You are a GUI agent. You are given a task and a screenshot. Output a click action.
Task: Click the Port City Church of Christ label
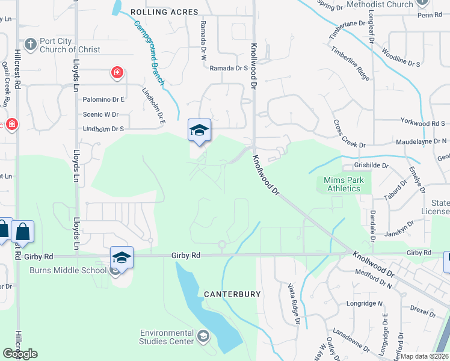click(64, 46)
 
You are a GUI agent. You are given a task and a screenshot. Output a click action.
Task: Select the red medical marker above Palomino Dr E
click(117, 73)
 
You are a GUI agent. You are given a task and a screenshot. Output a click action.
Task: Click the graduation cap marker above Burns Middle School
click(121, 258)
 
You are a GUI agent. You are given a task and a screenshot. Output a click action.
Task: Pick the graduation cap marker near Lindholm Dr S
click(200, 129)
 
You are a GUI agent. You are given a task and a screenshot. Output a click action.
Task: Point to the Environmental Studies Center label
click(167, 337)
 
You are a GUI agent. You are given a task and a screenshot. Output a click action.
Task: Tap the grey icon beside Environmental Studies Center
click(203, 335)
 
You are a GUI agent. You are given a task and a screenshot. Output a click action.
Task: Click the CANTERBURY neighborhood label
click(232, 294)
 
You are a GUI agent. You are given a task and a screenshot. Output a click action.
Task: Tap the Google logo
click(20, 354)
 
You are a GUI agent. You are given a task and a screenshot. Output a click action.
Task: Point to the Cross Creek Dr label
click(349, 133)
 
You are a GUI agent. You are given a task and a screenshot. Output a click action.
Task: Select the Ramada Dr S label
click(229, 69)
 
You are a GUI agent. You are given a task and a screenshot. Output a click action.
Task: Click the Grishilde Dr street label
click(371, 165)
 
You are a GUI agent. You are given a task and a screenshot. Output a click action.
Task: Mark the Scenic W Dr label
click(100, 114)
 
